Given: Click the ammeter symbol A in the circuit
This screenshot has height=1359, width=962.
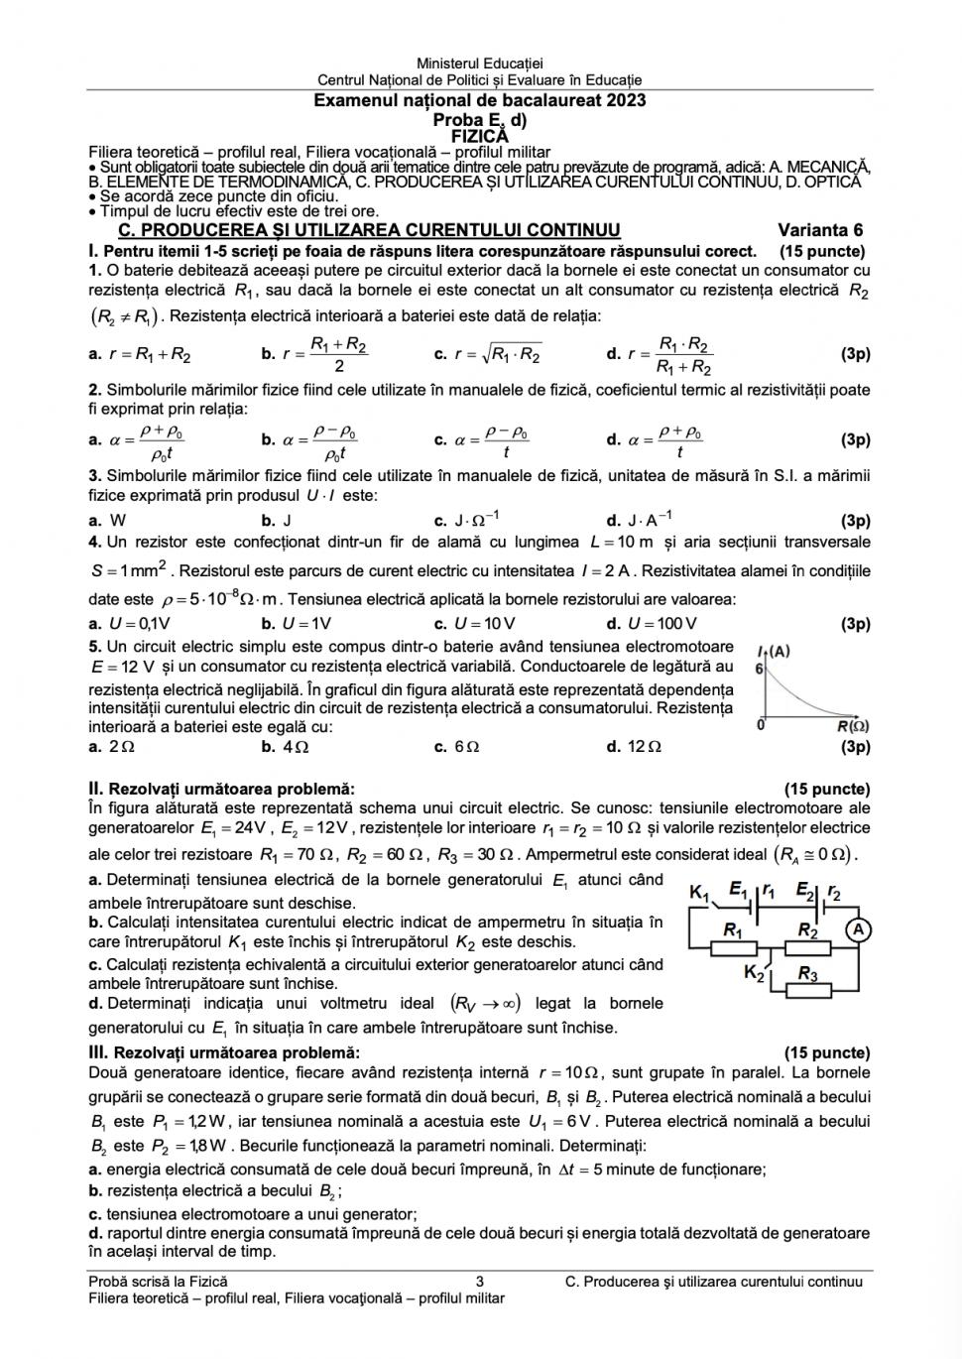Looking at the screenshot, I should pyautogui.click(x=858, y=929).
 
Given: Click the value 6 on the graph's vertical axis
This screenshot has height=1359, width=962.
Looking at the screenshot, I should pyautogui.click(x=759, y=669).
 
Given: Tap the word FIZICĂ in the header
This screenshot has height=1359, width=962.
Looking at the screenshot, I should pyautogui.click(x=479, y=135).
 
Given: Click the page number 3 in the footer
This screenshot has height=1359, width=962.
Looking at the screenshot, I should pyautogui.click(x=480, y=1282).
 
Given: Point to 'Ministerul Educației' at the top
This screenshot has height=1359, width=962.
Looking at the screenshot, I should pyautogui.click(x=480, y=64).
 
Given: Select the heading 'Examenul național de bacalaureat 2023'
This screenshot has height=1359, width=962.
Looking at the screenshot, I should pyautogui.click(x=480, y=100).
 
